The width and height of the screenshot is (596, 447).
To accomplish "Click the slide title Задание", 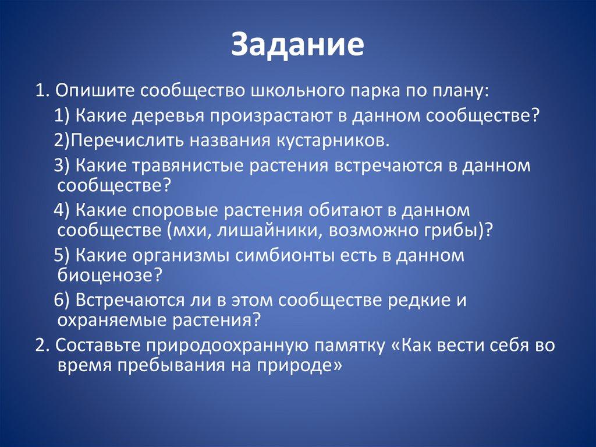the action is point(297,44).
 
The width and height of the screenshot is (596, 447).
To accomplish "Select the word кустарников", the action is point(331,141).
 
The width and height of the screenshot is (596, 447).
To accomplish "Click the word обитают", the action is point(345,210).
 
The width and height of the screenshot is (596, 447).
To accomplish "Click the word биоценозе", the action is point(106,275).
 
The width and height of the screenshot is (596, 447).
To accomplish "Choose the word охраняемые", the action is point(112,320).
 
